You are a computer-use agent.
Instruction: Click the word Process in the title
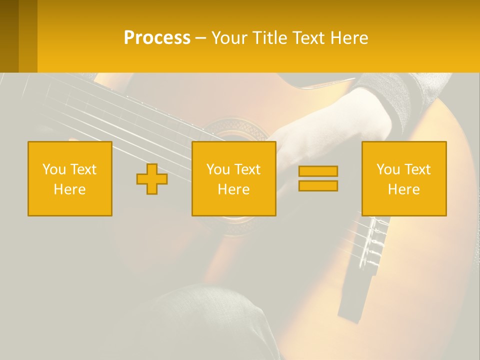coord(157,38)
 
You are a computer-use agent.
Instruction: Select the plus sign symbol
coord(152,178)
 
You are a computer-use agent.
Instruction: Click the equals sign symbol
coord(318,178)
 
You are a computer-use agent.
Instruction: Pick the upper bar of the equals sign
coord(318,171)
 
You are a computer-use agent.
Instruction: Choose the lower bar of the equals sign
coord(318,185)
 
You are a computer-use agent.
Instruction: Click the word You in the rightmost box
coord(387,169)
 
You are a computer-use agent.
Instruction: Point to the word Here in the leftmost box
coord(70,189)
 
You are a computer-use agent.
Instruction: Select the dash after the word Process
coord(200,38)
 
